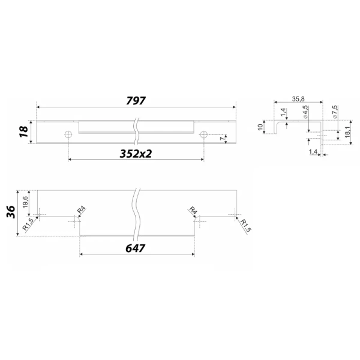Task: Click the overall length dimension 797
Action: tap(136, 101)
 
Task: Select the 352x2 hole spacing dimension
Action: tap(136, 154)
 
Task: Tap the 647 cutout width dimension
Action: tap(135, 248)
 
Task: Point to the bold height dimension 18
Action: tap(24, 132)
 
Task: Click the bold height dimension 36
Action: tap(11, 212)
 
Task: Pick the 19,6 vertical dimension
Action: tap(25, 202)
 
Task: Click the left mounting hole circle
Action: tap(68, 134)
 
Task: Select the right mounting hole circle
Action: tap(203, 134)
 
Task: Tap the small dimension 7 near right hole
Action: tap(222, 139)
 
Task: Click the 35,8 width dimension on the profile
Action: tap(298, 99)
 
